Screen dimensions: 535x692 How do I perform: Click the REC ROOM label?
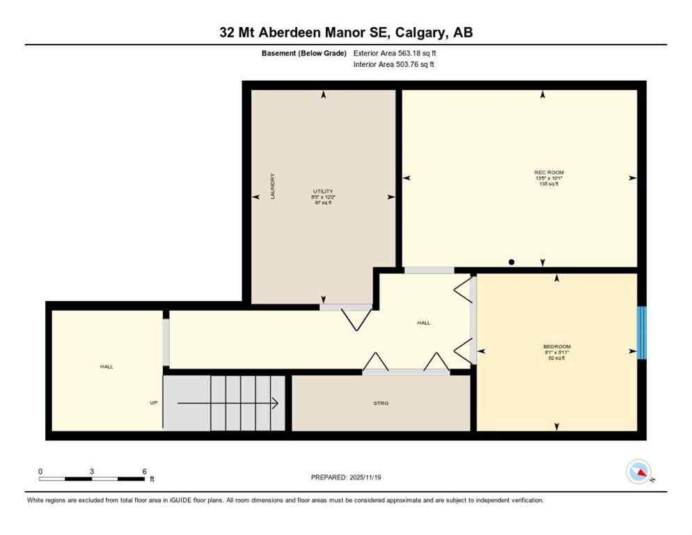[x=549, y=172]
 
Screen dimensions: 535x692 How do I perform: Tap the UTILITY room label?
[x=323, y=191]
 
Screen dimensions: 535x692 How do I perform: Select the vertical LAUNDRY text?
[x=273, y=187]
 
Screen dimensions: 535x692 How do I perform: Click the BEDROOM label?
[x=557, y=347]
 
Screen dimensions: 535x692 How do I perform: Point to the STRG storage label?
[x=381, y=403]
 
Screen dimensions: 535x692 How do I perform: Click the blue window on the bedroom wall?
[x=642, y=332]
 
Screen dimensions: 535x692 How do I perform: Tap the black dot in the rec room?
[x=512, y=263]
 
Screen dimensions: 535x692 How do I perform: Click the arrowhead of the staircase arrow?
[x=276, y=403]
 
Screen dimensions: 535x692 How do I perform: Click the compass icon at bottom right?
[x=638, y=472]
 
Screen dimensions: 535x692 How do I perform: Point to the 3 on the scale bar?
[x=92, y=471]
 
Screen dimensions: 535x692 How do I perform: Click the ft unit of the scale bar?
[x=152, y=479]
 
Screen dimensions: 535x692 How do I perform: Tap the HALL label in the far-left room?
[x=107, y=366]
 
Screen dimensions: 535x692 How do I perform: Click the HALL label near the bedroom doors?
[x=423, y=323]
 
